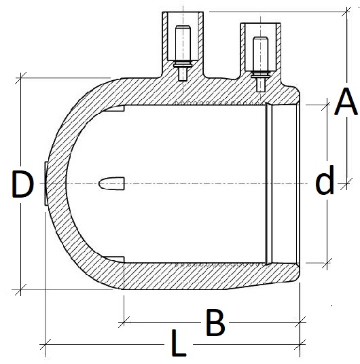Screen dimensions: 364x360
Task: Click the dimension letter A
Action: (x=346, y=104)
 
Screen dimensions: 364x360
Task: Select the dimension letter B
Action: (x=215, y=324)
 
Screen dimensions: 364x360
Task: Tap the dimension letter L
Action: (x=178, y=346)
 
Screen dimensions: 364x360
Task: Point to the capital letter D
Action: (x=22, y=185)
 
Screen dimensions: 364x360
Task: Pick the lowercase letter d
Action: (x=325, y=181)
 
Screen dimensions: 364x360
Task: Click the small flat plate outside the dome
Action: (x=45, y=184)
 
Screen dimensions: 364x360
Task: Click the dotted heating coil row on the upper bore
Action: (x=217, y=104)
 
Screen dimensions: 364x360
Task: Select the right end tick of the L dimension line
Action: (x=300, y=346)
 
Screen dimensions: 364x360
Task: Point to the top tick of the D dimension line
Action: (x=22, y=77)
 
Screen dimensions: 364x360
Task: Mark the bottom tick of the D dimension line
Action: (x=22, y=290)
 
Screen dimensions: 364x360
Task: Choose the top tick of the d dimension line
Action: (x=328, y=105)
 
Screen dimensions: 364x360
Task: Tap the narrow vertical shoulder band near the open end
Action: (x=268, y=184)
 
